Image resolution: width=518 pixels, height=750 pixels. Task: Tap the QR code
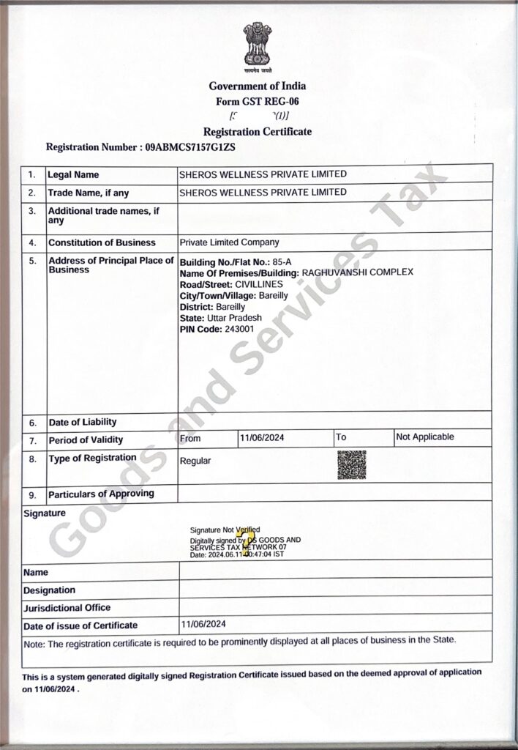(x=351, y=465)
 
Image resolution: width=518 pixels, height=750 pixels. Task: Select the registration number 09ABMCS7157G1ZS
(x=191, y=147)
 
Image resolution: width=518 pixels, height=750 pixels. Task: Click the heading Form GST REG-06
(x=258, y=101)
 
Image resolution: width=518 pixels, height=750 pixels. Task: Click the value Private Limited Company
(x=229, y=242)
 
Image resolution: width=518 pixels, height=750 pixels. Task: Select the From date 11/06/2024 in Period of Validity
(x=262, y=437)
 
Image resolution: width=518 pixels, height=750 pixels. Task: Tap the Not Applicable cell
(x=424, y=437)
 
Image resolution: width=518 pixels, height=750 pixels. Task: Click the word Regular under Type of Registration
(x=195, y=461)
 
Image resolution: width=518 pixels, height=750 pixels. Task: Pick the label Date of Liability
(x=82, y=423)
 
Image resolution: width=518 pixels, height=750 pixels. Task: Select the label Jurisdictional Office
(x=67, y=608)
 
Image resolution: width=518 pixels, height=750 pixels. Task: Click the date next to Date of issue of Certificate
(x=203, y=625)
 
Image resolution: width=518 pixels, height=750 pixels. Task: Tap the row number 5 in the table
(x=32, y=261)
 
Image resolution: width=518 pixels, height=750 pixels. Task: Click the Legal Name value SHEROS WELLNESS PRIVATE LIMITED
(x=263, y=174)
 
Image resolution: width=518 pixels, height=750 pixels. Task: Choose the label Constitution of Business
(x=102, y=242)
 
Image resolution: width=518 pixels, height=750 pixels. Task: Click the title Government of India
(x=258, y=86)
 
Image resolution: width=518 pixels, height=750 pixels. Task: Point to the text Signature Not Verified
(x=225, y=529)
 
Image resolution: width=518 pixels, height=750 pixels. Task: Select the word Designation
(x=49, y=590)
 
